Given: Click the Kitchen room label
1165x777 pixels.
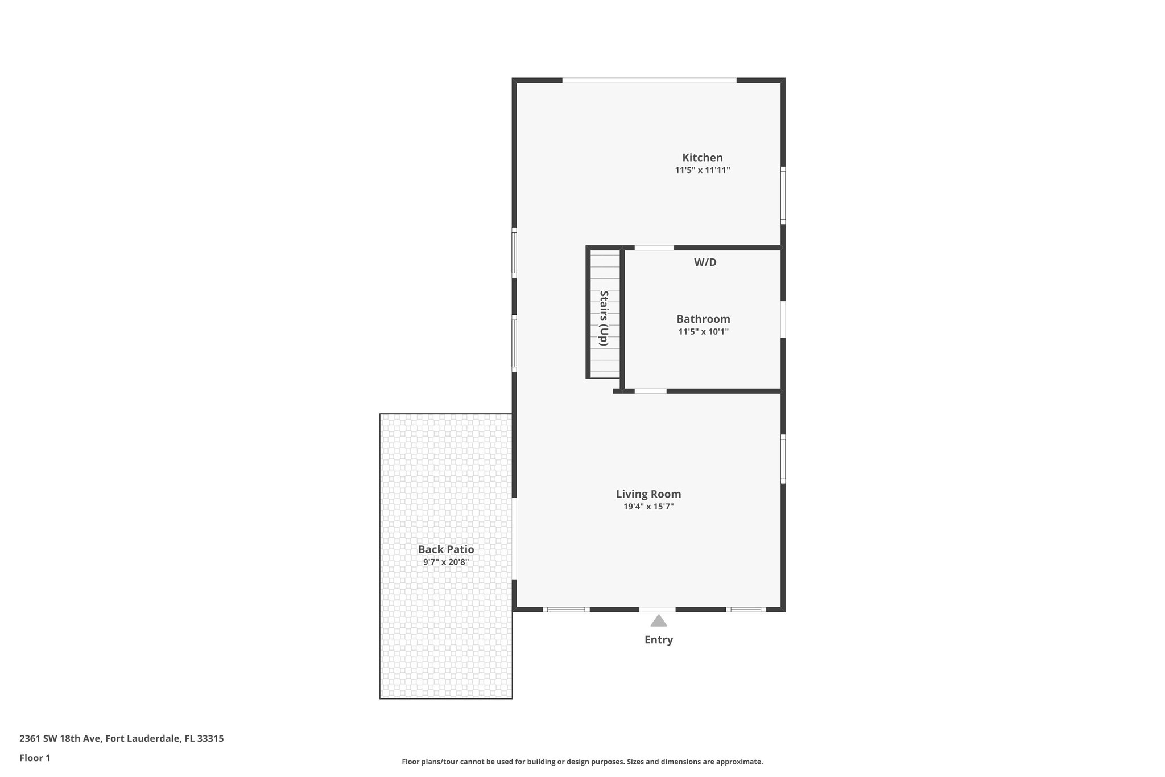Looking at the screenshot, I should pos(702,158).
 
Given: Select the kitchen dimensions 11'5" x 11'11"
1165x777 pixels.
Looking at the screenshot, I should pos(702,170).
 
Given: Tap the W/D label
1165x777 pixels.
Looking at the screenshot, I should pos(705,262).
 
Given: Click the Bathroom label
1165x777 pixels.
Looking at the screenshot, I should pos(703,319).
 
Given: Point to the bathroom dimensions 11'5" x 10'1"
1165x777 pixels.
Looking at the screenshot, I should pos(703,332).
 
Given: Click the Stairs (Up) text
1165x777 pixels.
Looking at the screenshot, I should pos(604,318).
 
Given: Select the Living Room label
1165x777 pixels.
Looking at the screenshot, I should pos(648,494).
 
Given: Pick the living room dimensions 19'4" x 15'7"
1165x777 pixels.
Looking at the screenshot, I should pos(648,507).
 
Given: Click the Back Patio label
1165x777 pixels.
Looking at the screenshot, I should pos(445,549).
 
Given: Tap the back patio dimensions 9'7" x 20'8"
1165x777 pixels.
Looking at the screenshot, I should pos(445,562).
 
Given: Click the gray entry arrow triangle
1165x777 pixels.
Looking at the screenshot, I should pos(658,621).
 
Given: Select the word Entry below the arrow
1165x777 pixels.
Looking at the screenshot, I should pos(658,640).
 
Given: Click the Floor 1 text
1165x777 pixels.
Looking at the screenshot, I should pos(35,758).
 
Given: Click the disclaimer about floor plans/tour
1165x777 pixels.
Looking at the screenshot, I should pos(582,762).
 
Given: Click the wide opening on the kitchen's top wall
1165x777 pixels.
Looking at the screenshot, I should pos(649,80).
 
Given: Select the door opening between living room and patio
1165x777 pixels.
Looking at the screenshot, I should pos(514,539).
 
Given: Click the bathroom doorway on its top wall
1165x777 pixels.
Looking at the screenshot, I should pos(654,248).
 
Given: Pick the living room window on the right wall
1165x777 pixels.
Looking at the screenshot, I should pos(783,459).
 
